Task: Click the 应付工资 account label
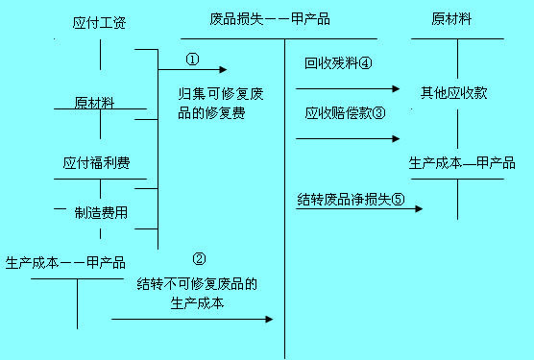[x=101, y=21]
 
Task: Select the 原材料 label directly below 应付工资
[x=95, y=102]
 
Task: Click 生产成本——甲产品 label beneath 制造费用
[x=65, y=261]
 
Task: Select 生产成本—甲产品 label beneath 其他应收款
[x=462, y=162]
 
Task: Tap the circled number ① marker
[x=192, y=59]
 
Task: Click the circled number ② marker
[x=199, y=258]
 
